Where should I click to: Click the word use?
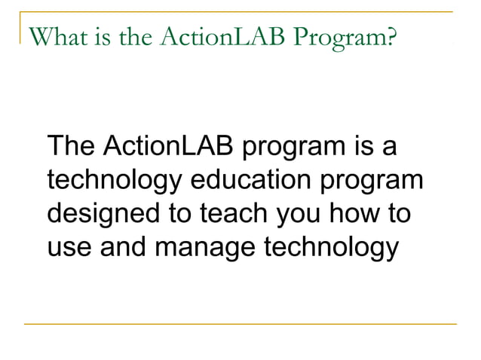(x=68, y=248)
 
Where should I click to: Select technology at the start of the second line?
(x=113, y=181)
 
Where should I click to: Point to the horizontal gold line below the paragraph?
(x=240, y=324)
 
